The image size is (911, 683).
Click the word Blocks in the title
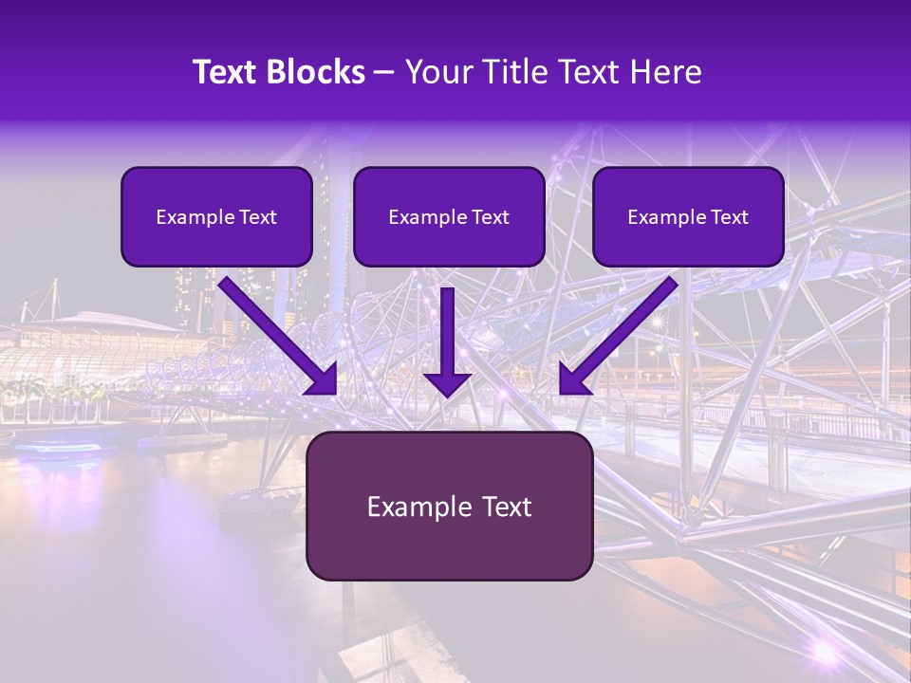[312, 72]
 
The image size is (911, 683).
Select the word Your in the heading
[435, 72]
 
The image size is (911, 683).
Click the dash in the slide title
[384, 73]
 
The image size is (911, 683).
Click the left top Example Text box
[216, 216]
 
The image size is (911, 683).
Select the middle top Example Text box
[449, 216]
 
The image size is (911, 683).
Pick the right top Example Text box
[688, 216]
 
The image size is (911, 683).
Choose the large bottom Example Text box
[449, 506]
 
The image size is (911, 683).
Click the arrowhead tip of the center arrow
[447, 393]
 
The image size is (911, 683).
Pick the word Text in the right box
[729, 217]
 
